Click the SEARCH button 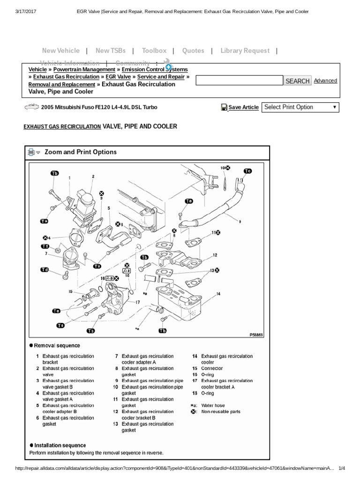point(298,81)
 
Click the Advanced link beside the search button point(325,81)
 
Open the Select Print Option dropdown point(300,107)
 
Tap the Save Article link point(243,107)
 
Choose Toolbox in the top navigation point(154,51)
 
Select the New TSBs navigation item point(109,51)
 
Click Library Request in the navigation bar point(245,51)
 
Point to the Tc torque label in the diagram point(247,171)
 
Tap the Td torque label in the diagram point(45,270)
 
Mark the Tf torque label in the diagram point(45,246)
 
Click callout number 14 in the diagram point(218,294)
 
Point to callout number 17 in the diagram point(138,302)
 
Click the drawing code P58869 point(256,335)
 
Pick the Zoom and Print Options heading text point(80,152)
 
